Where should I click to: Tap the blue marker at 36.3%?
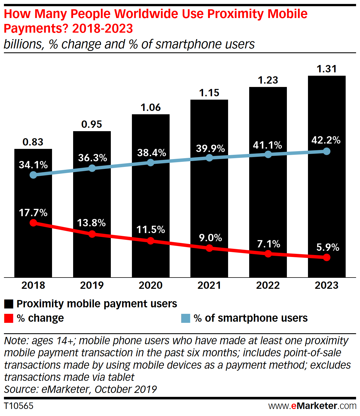(92, 168)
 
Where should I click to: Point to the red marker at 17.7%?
(33, 223)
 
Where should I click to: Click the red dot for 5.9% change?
(327, 257)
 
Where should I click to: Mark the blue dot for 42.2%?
(327, 151)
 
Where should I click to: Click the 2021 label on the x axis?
(209, 285)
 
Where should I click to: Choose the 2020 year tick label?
(150, 285)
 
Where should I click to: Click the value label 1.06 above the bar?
(150, 108)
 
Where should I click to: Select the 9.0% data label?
(210, 238)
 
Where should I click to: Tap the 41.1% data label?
(267, 145)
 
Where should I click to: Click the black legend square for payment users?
(9, 304)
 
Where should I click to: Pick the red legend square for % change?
(9, 318)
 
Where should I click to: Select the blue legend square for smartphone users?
(186, 318)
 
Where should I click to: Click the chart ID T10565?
(19, 406)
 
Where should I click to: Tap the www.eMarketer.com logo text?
(312, 406)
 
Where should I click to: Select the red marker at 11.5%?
(150, 241)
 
